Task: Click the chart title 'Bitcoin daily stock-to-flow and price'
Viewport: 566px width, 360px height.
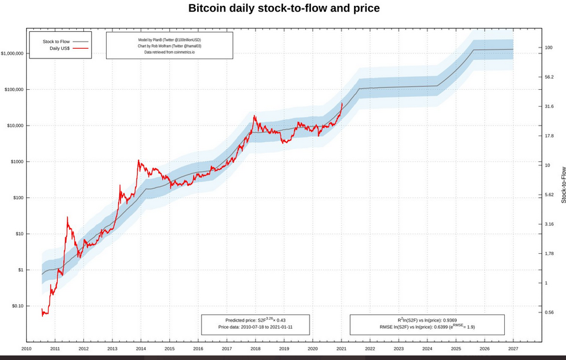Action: pos(284,8)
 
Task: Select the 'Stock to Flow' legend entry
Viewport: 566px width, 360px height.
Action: pos(56,42)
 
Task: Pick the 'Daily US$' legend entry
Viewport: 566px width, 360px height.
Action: pos(59,48)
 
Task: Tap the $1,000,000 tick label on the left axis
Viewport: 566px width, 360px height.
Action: pos(12,53)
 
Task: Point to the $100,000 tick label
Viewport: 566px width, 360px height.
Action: pos(14,89)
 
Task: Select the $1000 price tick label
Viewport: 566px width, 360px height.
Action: pos(16,161)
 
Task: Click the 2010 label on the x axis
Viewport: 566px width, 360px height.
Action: pos(27,349)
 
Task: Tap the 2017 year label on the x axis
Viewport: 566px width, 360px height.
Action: pos(226,349)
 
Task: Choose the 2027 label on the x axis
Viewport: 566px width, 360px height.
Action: pos(513,349)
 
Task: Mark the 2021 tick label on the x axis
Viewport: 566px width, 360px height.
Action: pos(341,349)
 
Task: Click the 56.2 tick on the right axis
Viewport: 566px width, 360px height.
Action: pos(549,77)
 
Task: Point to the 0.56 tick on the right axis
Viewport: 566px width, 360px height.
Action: pos(549,312)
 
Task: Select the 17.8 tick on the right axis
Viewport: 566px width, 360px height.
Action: pos(549,136)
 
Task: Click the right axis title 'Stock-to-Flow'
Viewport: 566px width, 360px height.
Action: pos(563,185)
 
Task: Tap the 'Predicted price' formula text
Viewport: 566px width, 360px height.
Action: pos(255,320)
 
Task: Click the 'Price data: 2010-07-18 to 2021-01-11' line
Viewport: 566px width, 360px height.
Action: pos(255,327)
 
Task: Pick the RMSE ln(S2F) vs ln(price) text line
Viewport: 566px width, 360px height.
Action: pos(427,327)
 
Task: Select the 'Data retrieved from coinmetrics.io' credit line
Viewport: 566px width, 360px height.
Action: pos(169,52)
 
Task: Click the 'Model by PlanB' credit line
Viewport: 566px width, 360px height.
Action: pos(169,40)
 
